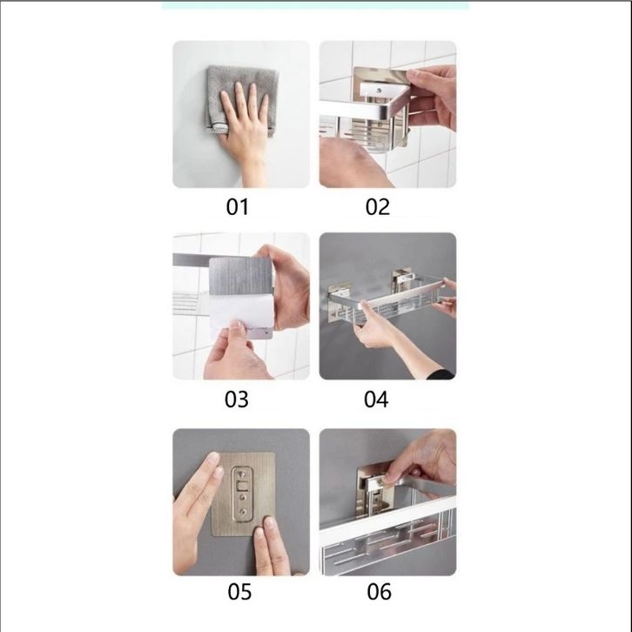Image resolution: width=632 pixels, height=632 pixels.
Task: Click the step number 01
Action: click(237, 207)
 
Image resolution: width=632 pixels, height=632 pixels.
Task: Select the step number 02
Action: click(378, 207)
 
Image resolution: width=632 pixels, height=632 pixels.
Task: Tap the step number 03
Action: click(237, 400)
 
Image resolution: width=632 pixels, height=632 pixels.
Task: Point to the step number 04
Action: click(376, 400)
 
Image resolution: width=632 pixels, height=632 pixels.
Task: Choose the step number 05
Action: click(239, 592)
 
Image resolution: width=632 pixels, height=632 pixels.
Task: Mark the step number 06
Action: click(379, 592)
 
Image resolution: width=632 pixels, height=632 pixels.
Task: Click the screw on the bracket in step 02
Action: click(379, 91)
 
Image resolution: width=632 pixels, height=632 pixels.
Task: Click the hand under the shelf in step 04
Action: click(373, 328)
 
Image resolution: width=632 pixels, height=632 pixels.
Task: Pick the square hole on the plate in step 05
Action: click(243, 485)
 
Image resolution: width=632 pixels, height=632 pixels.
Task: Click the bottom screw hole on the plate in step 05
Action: click(243, 512)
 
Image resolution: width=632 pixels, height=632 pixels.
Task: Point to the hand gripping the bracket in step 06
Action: click(423, 460)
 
